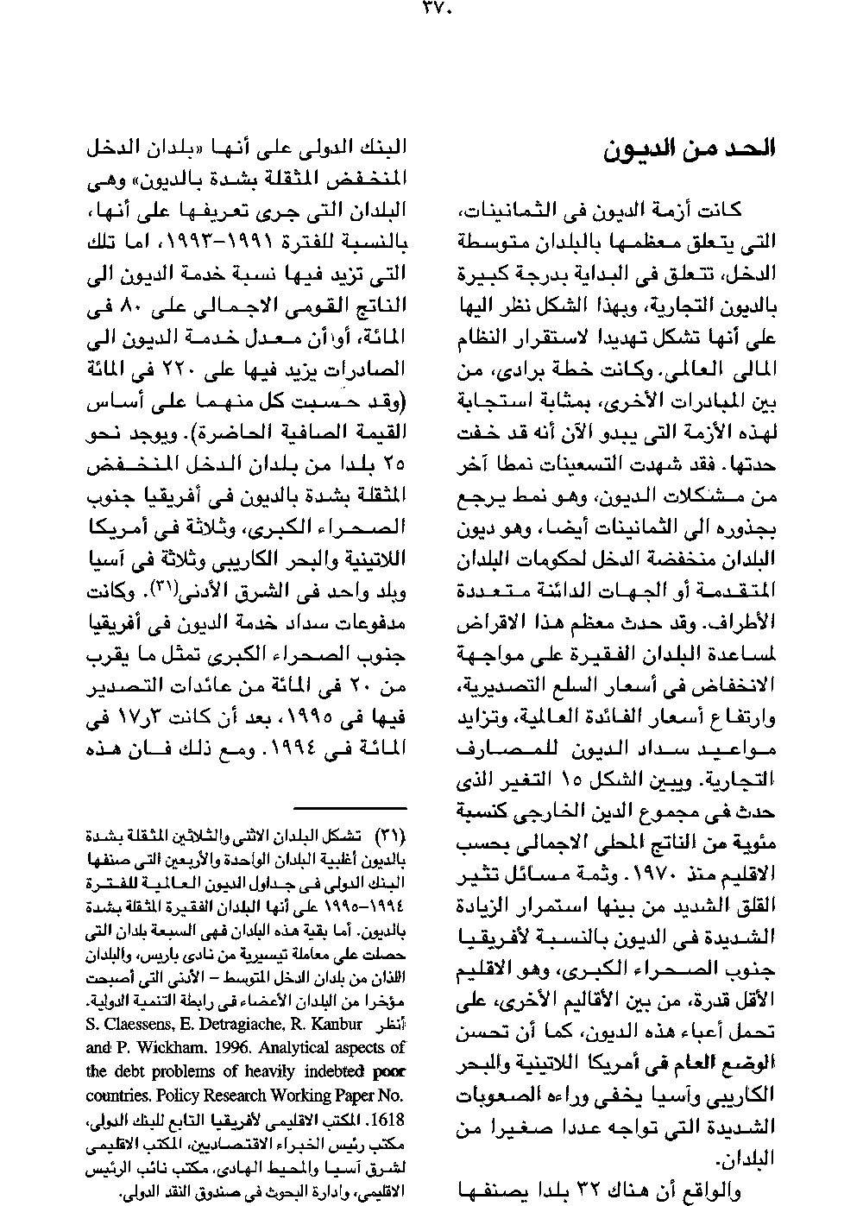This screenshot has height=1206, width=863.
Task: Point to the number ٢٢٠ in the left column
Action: click(x=215, y=370)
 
